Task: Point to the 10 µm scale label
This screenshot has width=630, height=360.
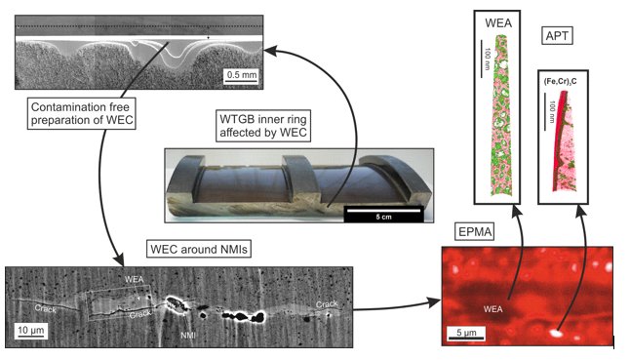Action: pos(28,329)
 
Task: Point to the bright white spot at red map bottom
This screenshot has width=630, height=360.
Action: pos(557,332)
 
